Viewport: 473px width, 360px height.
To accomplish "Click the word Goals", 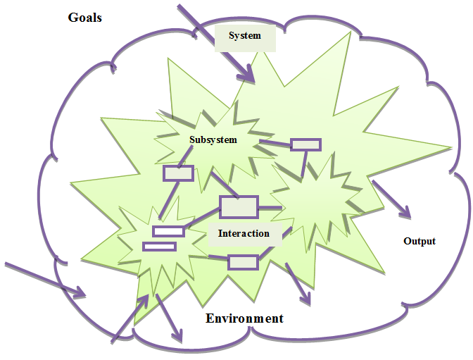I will pyautogui.click(x=84, y=17).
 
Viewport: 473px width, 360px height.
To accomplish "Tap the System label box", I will pyautogui.click(x=245, y=37).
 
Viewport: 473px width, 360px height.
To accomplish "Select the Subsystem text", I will pyautogui.click(x=213, y=139).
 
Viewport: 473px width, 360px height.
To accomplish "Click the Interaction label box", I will pyautogui.click(x=244, y=234).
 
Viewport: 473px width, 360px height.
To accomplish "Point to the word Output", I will pyautogui.click(x=420, y=241).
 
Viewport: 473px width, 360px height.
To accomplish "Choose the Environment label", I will pyautogui.click(x=244, y=318).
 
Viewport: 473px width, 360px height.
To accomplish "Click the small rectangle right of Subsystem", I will pyautogui.click(x=306, y=144).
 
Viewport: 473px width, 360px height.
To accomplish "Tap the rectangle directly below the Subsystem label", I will pyautogui.click(x=179, y=173).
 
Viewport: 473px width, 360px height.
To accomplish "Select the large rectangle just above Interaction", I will pyautogui.click(x=239, y=207).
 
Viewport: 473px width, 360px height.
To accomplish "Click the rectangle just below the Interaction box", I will pyautogui.click(x=243, y=262).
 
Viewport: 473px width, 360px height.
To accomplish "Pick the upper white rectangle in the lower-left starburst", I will pyautogui.click(x=168, y=231).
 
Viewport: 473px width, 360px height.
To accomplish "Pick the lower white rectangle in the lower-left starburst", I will pyautogui.click(x=159, y=246).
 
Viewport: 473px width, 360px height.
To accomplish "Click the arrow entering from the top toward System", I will pyautogui.click(x=215, y=42).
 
